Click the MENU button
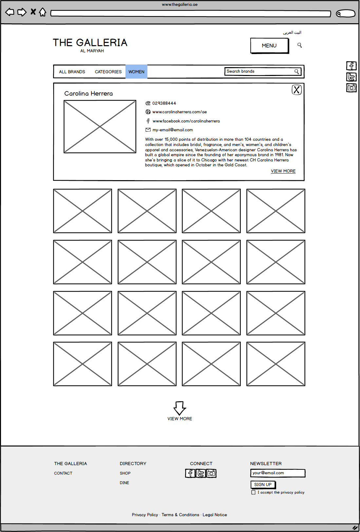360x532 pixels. (269, 46)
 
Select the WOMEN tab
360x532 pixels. (136, 72)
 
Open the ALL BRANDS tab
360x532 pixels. (72, 72)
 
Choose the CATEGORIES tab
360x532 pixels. (108, 72)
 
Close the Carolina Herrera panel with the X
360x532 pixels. (296, 90)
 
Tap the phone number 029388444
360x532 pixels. (164, 103)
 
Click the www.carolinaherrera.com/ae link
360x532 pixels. (180, 112)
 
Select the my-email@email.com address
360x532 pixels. (173, 130)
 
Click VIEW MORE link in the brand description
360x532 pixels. (283, 171)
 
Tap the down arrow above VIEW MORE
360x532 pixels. (180, 408)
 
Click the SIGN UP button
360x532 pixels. (263, 484)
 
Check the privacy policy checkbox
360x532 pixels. (253, 492)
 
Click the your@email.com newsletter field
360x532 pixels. (277, 473)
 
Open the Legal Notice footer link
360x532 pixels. (215, 515)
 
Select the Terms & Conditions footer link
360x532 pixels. (180, 515)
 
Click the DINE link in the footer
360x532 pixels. (124, 483)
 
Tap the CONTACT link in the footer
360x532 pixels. (63, 473)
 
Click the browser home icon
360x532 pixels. (43, 12)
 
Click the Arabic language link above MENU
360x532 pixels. (292, 32)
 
